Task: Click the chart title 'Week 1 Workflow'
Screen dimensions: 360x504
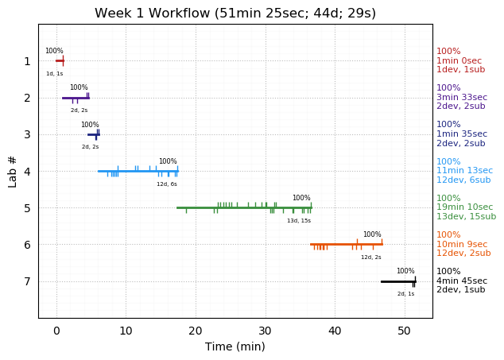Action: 235,14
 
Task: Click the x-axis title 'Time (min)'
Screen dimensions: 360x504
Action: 235,346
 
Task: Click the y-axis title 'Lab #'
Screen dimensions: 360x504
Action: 13,171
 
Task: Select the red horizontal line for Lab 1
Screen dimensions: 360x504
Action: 60,60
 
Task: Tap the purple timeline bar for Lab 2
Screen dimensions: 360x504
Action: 76,98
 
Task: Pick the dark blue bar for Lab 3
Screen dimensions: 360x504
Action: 93,134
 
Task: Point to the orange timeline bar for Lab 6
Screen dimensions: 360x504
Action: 346,244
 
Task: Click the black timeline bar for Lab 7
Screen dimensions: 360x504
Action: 397,281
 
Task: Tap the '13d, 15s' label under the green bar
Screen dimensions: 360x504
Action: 299,221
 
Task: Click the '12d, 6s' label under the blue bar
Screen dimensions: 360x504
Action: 167,184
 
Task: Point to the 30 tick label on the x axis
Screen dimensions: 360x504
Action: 265,331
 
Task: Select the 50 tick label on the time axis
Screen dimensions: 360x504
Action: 404,331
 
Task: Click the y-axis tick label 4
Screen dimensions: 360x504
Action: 27,171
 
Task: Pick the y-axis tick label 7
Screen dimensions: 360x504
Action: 27,281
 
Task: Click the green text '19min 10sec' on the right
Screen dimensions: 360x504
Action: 464,207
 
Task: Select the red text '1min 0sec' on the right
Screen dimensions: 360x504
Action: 459,60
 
